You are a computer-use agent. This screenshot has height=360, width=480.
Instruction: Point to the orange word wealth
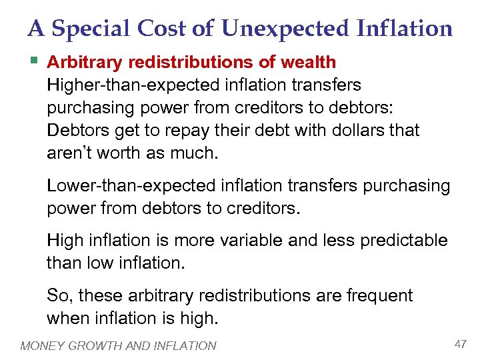pyautogui.click(x=308, y=63)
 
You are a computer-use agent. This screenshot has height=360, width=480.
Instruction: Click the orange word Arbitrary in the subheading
pyautogui.click(x=85, y=63)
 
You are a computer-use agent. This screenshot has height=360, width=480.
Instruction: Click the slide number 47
pyautogui.click(x=460, y=343)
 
